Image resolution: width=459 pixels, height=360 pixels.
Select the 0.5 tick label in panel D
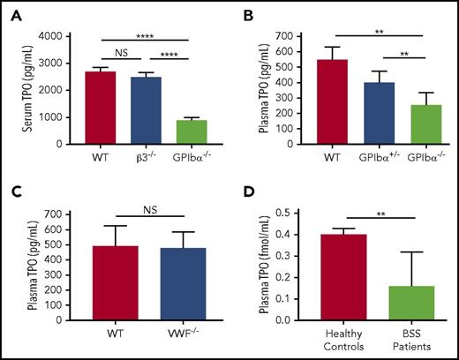[x=283, y=214]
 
